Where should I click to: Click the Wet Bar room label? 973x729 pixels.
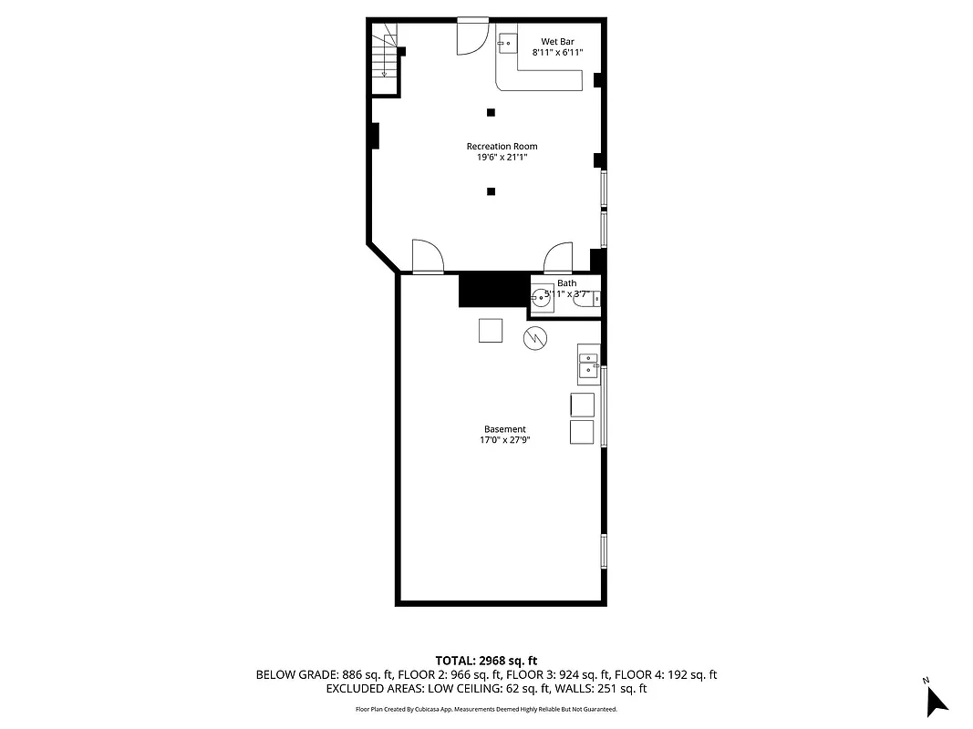point(557,41)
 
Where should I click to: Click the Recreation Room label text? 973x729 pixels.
point(502,146)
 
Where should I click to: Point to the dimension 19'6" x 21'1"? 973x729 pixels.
point(502,158)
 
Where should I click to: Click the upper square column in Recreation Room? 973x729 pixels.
point(491,112)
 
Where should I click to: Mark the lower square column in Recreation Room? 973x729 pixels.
point(491,191)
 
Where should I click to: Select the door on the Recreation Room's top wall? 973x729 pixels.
point(472,35)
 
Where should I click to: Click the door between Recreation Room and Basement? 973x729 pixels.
point(427,257)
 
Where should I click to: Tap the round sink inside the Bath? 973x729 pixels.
point(542,296)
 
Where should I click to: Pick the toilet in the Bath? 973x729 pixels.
point(586,298)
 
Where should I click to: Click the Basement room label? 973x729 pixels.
point(504,429)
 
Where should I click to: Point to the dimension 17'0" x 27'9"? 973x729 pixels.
point(504,440)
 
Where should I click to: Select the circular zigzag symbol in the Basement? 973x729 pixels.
point(534,339)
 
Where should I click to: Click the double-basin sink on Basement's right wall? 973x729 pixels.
point(587,363)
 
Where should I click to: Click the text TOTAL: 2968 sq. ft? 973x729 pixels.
point(486,660)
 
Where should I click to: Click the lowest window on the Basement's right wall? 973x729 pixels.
point(604,550)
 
